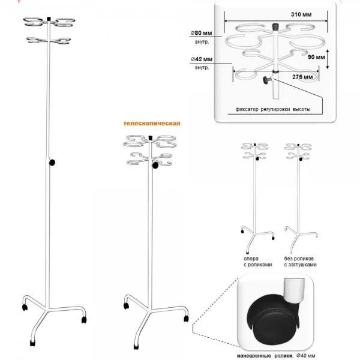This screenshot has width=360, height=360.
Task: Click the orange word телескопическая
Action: point(152,123)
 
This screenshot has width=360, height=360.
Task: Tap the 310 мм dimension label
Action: point(301,14)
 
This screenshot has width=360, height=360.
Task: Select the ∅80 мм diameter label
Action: point(202,33)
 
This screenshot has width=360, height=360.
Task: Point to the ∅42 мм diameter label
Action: point(202,59)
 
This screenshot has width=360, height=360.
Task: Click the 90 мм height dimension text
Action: point(316,57)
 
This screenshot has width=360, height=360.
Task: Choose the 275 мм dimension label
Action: point(302,77)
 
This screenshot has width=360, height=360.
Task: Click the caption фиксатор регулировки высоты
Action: point(273,109)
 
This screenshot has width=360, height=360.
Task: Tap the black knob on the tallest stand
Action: point(52,163)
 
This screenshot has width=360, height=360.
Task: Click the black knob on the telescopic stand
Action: point(155,165)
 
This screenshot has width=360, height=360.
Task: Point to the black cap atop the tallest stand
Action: point(49,19)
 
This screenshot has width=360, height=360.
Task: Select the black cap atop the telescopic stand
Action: point(151,138)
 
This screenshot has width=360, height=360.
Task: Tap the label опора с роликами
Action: point(257,262)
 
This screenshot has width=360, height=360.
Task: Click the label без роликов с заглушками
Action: point(301,262)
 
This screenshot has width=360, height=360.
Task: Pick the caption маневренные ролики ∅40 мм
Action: point(276,356)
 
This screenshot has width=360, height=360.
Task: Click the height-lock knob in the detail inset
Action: point(267,80)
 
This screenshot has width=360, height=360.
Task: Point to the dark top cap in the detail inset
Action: point(275,27)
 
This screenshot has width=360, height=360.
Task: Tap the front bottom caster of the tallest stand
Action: point(32,343)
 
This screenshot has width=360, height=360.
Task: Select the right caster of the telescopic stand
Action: point(186,319)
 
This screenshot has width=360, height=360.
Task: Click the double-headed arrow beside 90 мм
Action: point(328,59)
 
